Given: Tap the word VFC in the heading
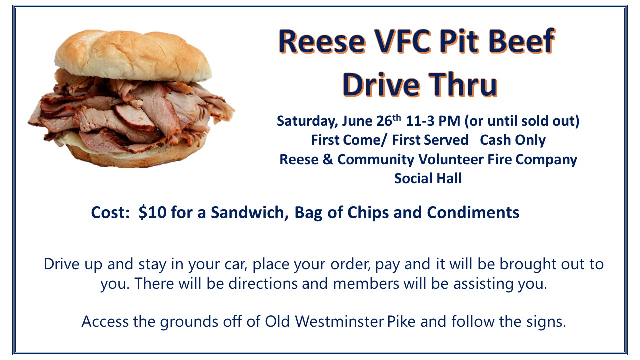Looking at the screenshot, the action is [403, 41].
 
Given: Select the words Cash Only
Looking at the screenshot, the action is [513, 140].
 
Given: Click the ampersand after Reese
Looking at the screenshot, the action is [328, 159].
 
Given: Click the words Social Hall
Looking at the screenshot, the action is [428, 178].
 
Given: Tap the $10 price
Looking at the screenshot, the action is [152, 212].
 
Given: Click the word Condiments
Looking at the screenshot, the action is [473, 213].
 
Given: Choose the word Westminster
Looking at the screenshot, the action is [339, 321].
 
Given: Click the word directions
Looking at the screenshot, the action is [263, 283].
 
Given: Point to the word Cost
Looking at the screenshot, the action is [110, 213].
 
